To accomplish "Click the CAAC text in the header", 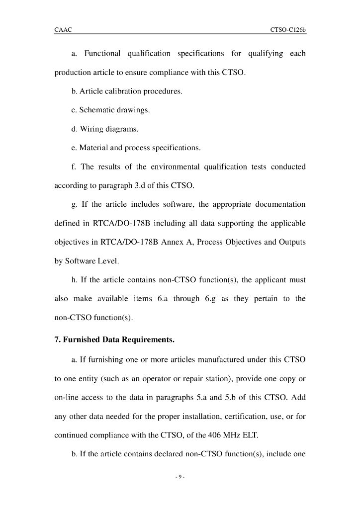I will [63, 30].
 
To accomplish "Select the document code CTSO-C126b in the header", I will [288, 30].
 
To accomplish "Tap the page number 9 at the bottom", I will [180, 478].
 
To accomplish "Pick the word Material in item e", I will [94, 148].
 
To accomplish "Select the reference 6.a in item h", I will [158, 299].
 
